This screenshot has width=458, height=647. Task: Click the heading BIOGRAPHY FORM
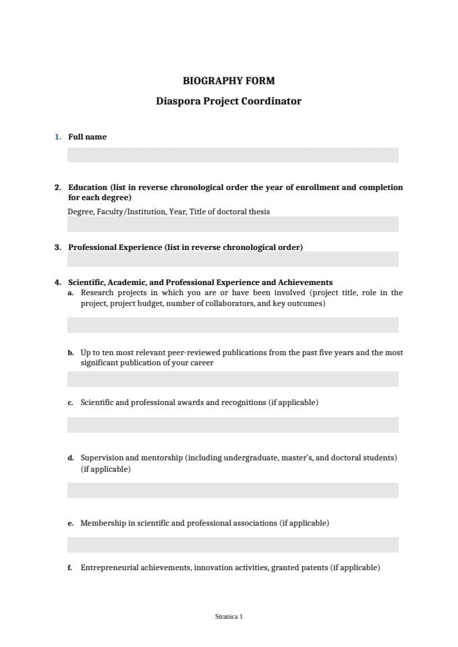point(229,81)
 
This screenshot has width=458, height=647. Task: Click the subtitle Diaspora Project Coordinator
point(229,101)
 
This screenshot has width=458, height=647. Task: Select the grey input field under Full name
point(233,155)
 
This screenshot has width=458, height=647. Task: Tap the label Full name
point(87,137)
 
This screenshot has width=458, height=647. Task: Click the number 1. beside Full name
point(58,137)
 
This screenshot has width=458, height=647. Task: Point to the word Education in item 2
point(88,187)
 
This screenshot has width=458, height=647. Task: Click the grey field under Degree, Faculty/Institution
point(233,224)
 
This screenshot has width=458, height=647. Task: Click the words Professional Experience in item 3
point(115,247)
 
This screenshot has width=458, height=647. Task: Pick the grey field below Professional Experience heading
point(233,259)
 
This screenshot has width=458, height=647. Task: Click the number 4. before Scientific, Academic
point(58,282)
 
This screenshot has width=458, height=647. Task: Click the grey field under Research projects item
point(233,325)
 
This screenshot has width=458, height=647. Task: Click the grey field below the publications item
point(233,379)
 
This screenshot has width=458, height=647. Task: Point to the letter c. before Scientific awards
point(70,403)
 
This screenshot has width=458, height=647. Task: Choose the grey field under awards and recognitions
point(233,425)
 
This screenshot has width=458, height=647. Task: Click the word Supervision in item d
point(102,458)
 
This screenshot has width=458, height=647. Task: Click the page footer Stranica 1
point(229,616)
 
